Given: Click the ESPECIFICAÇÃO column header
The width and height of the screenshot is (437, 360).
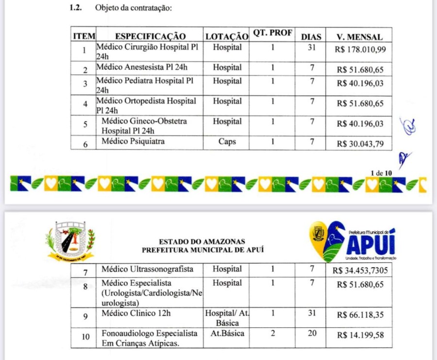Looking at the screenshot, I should point(151,36).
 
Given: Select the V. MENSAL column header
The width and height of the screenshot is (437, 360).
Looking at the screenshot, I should point(360,37).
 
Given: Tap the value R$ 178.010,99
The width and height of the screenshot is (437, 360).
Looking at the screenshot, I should point(360,49).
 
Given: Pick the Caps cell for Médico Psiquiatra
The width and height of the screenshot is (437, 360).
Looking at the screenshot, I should point(227,142).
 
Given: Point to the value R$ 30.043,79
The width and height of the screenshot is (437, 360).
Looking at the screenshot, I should point(360,144).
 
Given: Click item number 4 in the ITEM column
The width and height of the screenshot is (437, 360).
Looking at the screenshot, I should point(85,104).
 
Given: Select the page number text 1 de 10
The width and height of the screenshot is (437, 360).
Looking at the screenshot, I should point(381,173).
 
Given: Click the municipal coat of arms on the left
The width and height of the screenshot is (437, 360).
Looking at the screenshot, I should point(71,241).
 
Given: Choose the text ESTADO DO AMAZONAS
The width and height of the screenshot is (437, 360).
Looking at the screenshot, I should point(202,241).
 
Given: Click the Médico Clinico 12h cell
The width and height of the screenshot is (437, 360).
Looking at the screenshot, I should point(136,313).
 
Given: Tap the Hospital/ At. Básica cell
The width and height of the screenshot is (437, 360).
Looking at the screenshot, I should point(227,318).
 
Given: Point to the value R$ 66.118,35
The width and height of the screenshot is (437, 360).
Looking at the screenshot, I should point(360,315).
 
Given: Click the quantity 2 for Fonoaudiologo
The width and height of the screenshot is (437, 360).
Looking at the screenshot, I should point(273,334).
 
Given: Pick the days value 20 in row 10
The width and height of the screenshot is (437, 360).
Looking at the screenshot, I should point(312,334).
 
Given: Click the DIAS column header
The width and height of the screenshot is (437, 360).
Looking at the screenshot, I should point(311,37).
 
